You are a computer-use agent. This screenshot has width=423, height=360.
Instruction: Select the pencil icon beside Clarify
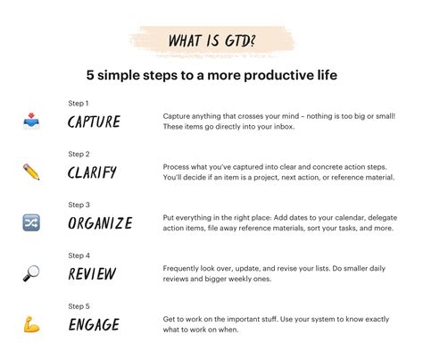pyautogui.click(x=31, y=172)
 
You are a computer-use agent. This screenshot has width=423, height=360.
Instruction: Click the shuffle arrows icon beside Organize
pyautogui.click(x=31, y=223)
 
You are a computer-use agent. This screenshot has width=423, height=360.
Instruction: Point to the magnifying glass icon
pyautogui.click(x=31, y=273)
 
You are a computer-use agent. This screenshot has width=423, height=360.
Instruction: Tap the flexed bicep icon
pyautogui.click(x=31, y=323)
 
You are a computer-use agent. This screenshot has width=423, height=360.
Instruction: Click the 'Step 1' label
pyautogui.click(x=79, y=104)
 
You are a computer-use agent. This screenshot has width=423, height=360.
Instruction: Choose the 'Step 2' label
pyautogui.click(x=79, y=154)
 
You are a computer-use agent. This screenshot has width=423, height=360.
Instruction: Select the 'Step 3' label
pyautogui.click(x=79, y=205)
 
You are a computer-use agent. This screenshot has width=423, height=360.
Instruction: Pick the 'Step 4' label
pyautogui.click(x=79, y=255)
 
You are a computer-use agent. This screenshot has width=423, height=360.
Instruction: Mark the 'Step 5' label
pyautogui.click(x=79, y=306)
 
